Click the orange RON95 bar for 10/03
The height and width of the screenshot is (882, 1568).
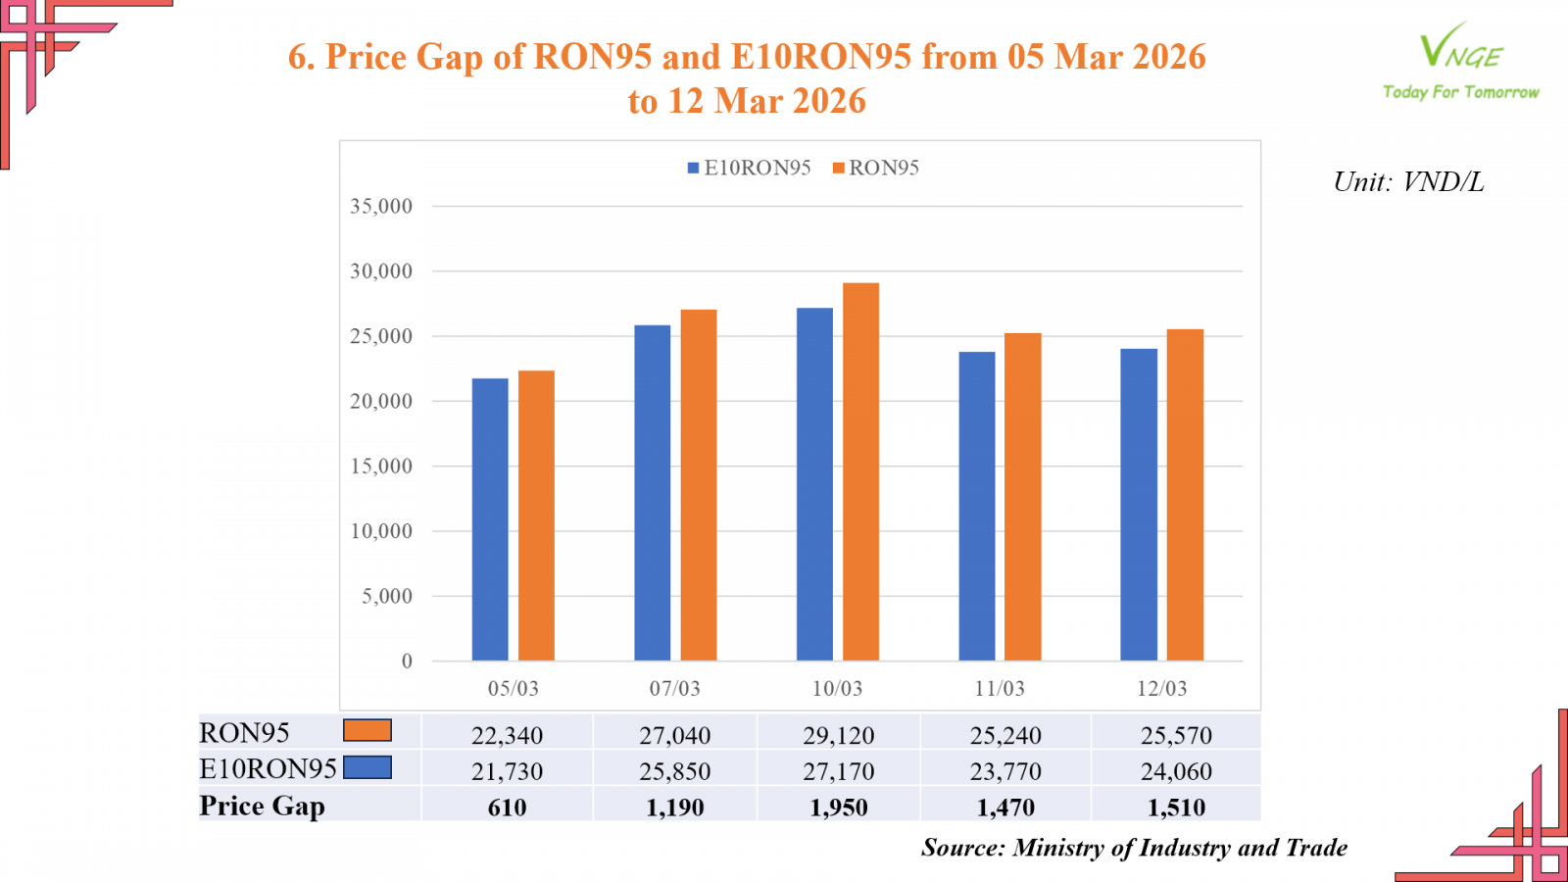pos(860,471)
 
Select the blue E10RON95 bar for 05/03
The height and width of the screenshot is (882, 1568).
pos(490,519)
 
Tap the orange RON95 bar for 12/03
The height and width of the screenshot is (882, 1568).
pos(1185,495)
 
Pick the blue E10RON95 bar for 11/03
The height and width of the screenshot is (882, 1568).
pos(976,506)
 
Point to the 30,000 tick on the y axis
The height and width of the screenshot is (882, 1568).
pos(381,271)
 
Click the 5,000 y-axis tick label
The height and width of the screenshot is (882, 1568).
pos(386,596)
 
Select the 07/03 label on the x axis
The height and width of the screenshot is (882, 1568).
pos(674,689)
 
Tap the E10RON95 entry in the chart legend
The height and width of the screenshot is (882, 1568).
pos(750,169)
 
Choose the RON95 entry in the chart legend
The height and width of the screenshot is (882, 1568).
pos(876,169)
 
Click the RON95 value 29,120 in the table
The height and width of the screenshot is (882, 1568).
pos(838,735)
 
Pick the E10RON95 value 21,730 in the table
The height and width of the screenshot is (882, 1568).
pos(507,771)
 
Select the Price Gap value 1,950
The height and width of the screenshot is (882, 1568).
pos(838,808)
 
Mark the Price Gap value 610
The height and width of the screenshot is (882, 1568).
pos(507,808)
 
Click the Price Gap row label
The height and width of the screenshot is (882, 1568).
pos(262,806)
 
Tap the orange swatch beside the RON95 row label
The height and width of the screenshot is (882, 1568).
pos(367,730)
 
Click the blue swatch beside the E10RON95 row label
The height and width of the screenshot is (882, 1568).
pos(367,767)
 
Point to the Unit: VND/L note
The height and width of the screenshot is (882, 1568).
pos(1408,182)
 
